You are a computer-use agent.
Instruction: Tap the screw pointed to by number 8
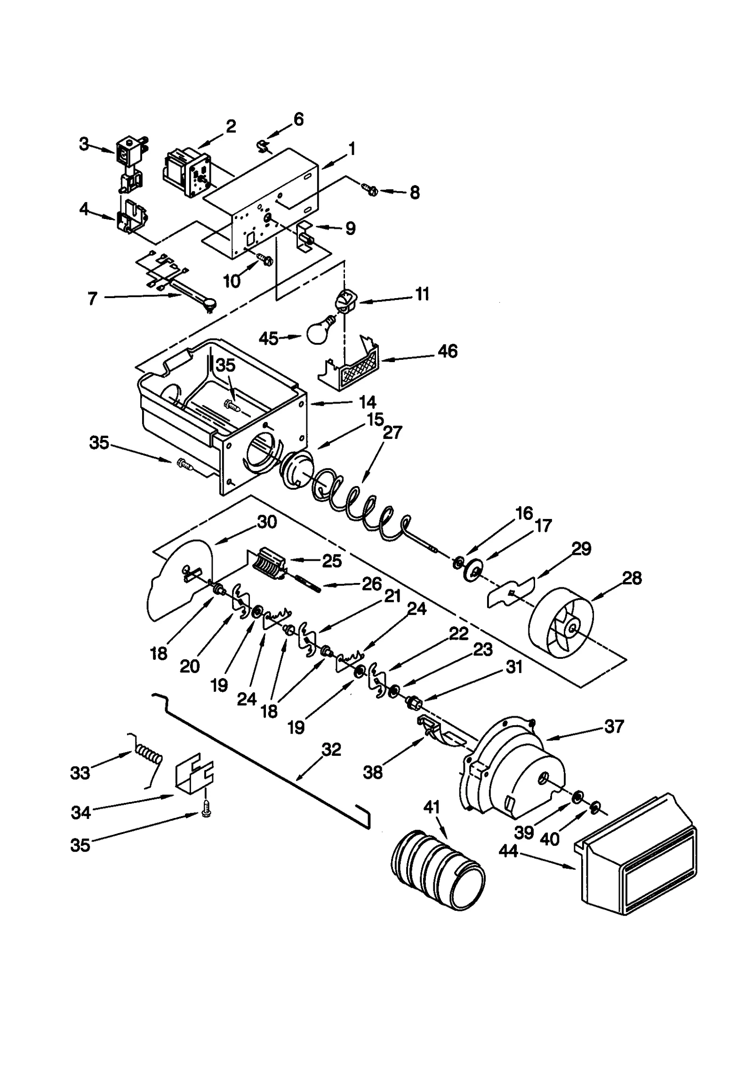coord(369,190)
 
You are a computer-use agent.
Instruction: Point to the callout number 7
coord(92,298)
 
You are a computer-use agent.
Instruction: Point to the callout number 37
coord(614,726)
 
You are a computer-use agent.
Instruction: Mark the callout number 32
coord(331,749)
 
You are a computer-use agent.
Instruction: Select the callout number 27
coord(392,432)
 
